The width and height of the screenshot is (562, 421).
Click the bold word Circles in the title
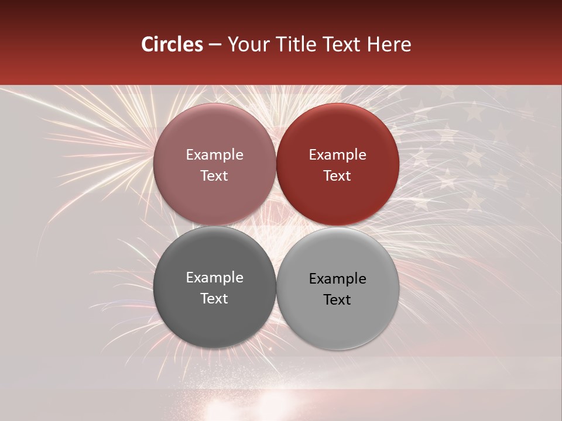[172, 44]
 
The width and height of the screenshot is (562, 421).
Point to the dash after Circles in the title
[215, 45]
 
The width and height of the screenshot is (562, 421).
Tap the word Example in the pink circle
[214, 155]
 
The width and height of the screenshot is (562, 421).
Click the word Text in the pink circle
[214, 175]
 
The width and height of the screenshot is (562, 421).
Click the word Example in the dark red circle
[338, 155]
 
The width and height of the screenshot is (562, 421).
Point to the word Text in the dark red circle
[337, 175]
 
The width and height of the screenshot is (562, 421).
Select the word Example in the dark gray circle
[214, 278]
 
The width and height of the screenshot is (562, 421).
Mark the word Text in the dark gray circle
[214, 298]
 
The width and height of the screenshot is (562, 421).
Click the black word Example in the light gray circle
[338, 279]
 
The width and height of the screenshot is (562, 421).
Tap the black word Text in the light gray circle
[337, 299]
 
